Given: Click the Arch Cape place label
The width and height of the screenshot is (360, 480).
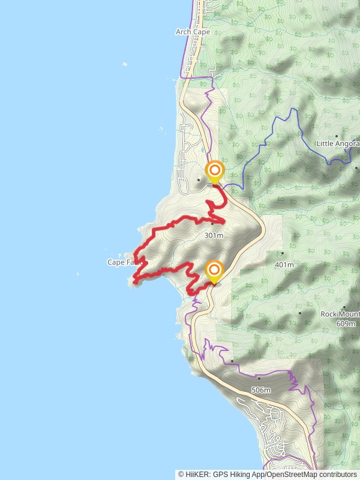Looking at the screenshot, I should [x=193, y=32].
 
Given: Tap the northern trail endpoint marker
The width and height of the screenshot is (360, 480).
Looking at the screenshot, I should [x=214, y=171].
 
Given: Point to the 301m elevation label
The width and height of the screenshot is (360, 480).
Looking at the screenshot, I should [x=214, y=236].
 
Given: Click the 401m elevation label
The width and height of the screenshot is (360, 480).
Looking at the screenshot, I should [x=284, y=265].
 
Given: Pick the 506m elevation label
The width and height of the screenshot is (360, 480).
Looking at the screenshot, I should [x=261, y=390].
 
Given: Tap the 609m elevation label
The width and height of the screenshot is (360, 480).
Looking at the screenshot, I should [x=346, y=323].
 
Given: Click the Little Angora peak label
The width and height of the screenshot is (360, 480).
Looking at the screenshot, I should [x=338, y=144].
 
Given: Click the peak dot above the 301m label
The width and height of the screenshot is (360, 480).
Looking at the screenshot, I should [x=212, y=224].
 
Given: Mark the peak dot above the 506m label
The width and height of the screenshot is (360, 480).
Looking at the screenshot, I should [x=259, y=379].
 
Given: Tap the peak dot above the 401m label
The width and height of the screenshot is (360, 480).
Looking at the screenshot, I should [x=283, y=253].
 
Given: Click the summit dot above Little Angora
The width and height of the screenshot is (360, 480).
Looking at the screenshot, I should [x=337, y=136].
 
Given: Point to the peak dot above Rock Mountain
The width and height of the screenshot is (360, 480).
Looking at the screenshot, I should [x=300, y=313].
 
